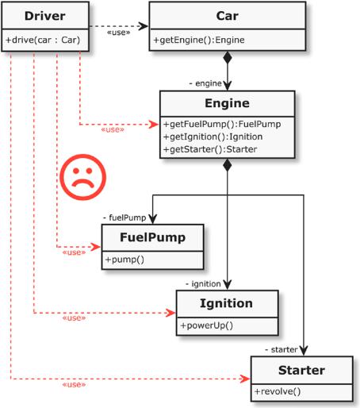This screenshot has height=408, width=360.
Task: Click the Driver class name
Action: [x=45, y=16]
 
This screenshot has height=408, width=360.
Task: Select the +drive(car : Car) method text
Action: [x=43, y=40]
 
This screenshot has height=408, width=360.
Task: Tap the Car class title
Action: [x=228, y=16]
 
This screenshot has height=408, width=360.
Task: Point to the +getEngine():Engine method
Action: [x=199, y=40]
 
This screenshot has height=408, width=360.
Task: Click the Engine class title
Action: [x=227, y=103]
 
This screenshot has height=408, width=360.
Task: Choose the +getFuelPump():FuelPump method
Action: [x=222, y=124]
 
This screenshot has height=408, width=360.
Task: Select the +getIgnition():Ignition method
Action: [x=213, y=137]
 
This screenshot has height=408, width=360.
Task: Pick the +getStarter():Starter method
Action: [x=210, y=149]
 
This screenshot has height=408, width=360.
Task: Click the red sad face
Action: [x=82, y=177]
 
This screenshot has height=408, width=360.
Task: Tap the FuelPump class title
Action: [x=153, y=237]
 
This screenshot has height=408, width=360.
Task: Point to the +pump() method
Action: [x=124, y=260]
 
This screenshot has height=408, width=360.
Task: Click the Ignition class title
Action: [x=226, y=303]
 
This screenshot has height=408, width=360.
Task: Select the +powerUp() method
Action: [x=207, y=325]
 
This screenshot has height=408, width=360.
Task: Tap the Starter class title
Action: [x=301, y=370]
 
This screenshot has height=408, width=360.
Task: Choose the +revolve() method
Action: [x=278, y=391]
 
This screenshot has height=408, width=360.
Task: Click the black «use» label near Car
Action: [x=119, y=33]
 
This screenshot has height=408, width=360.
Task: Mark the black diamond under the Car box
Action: [x=228, y=58]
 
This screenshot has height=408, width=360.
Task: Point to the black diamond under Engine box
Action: [x=228, y=165]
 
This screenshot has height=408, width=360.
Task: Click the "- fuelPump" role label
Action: [x=124, y=217]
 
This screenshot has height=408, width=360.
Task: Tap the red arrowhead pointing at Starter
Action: [x=244, y=379]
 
